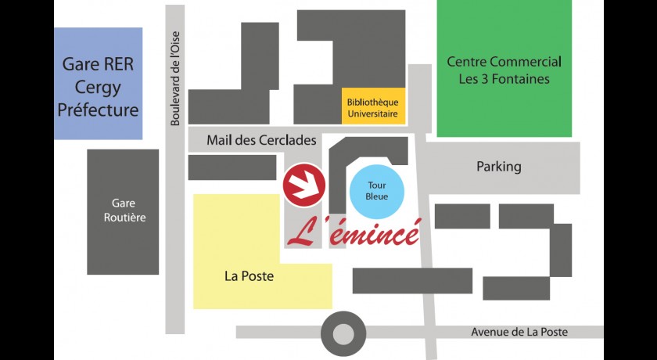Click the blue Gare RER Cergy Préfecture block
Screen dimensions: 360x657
pos(99,83)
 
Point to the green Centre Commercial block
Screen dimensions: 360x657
pos(504,70)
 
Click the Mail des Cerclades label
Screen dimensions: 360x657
pos(261,140)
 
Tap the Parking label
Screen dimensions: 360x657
pos(498,167)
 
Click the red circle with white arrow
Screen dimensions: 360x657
pos(303,185)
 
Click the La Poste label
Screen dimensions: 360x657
pos(249,275)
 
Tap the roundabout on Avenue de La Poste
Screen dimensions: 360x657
pos(343,333)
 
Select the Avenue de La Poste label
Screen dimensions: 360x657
pos(519,332)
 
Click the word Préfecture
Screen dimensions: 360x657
pos(99,110)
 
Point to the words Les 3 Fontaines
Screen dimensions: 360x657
pos(504,79)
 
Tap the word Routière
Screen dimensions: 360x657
pos(124,218)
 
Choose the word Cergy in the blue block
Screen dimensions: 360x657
pos(98,87)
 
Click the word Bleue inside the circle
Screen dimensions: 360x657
pos(378,197)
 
